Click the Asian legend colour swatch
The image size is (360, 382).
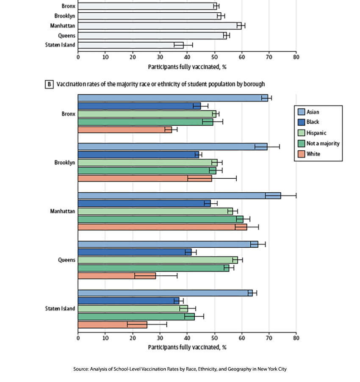tap(301, 112)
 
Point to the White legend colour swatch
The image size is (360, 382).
tap(301, 154)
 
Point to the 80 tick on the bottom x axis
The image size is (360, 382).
tap(296, 338)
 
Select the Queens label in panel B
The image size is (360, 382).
tap(66, 260)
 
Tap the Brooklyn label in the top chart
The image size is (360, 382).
tap(64, 16)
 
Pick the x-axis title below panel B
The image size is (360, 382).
tap(187, 347)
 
